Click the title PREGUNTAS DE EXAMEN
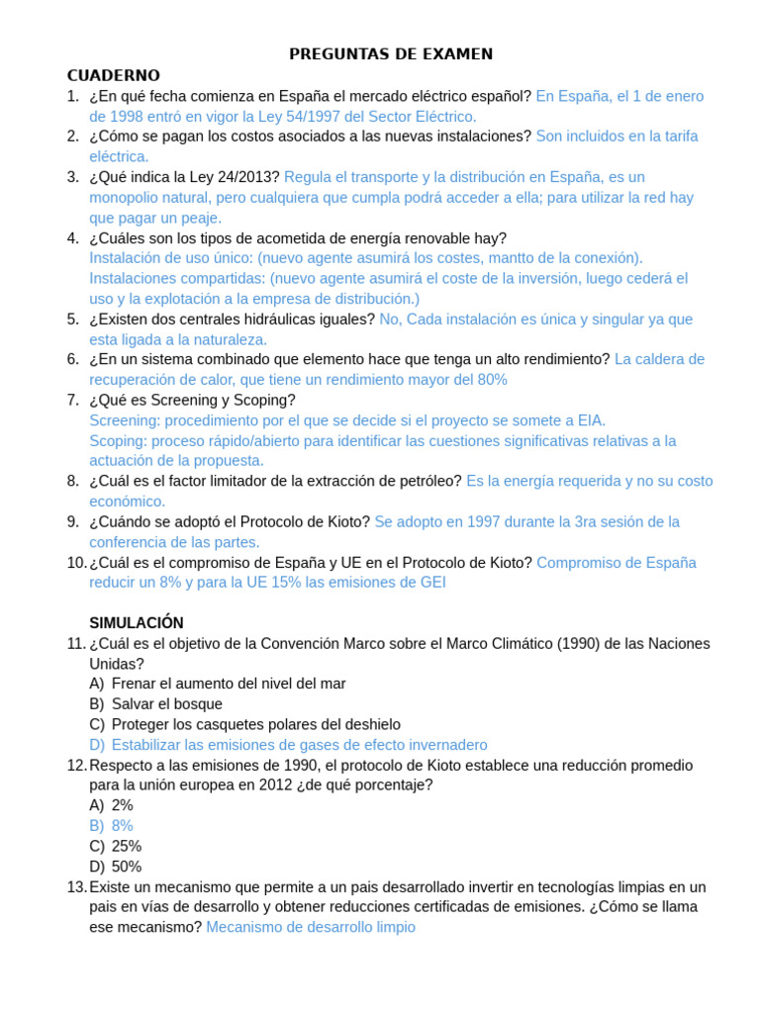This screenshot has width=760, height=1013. click(391, 54)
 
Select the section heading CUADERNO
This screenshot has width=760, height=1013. click(113, 75)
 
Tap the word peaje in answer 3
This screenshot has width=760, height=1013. click(201, 218)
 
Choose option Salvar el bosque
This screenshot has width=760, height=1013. click(166, 704)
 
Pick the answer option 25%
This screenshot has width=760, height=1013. click(127, 846)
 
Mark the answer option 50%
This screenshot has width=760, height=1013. click(127, 867)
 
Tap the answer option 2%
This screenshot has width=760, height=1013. click(123, 805)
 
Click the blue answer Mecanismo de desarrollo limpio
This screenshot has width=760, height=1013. click(311, 927)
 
